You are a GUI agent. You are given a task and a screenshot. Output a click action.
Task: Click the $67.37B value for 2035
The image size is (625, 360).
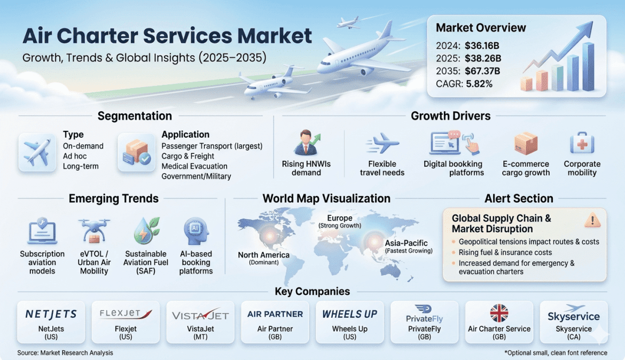coord(482,71)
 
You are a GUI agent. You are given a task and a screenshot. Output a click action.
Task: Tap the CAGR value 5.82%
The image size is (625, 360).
coord(479,84)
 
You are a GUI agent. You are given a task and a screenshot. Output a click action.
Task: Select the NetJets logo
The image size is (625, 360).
coord(51,314)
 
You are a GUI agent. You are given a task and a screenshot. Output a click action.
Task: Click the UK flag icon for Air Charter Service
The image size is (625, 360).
coord(499,313)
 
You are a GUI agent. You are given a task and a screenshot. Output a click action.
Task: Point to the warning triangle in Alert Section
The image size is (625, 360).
coord(592,220)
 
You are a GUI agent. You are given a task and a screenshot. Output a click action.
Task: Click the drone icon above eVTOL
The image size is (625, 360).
coord(94,230)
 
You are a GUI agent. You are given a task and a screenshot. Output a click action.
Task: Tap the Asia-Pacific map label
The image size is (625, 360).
coord(406,243)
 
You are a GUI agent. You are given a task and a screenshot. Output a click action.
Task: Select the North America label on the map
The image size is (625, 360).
coord(264,255)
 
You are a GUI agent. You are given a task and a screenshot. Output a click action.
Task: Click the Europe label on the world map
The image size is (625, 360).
coord(340,218)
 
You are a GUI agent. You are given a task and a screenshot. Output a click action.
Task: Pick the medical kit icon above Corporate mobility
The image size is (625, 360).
coord(582,143)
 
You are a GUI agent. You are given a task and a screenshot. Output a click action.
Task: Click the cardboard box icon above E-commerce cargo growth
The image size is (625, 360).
coord(526,144)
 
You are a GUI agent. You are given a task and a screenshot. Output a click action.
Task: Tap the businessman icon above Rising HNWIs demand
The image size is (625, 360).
coord(307,142)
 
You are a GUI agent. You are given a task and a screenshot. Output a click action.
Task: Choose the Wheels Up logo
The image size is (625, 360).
coord(349,314)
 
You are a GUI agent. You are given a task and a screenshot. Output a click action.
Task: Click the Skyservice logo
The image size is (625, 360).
coord(574,314)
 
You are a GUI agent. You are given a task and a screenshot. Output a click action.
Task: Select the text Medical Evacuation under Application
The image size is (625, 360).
coord(194,166)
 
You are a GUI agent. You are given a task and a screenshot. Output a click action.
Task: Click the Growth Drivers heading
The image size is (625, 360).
coord(450,116)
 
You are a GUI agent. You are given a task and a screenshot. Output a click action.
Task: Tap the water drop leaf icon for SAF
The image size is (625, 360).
coord(146,230)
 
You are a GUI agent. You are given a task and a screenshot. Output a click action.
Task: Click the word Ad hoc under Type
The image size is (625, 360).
coord(75,156)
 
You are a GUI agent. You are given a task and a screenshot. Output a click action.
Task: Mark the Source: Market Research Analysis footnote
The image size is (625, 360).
coord(65,353)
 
